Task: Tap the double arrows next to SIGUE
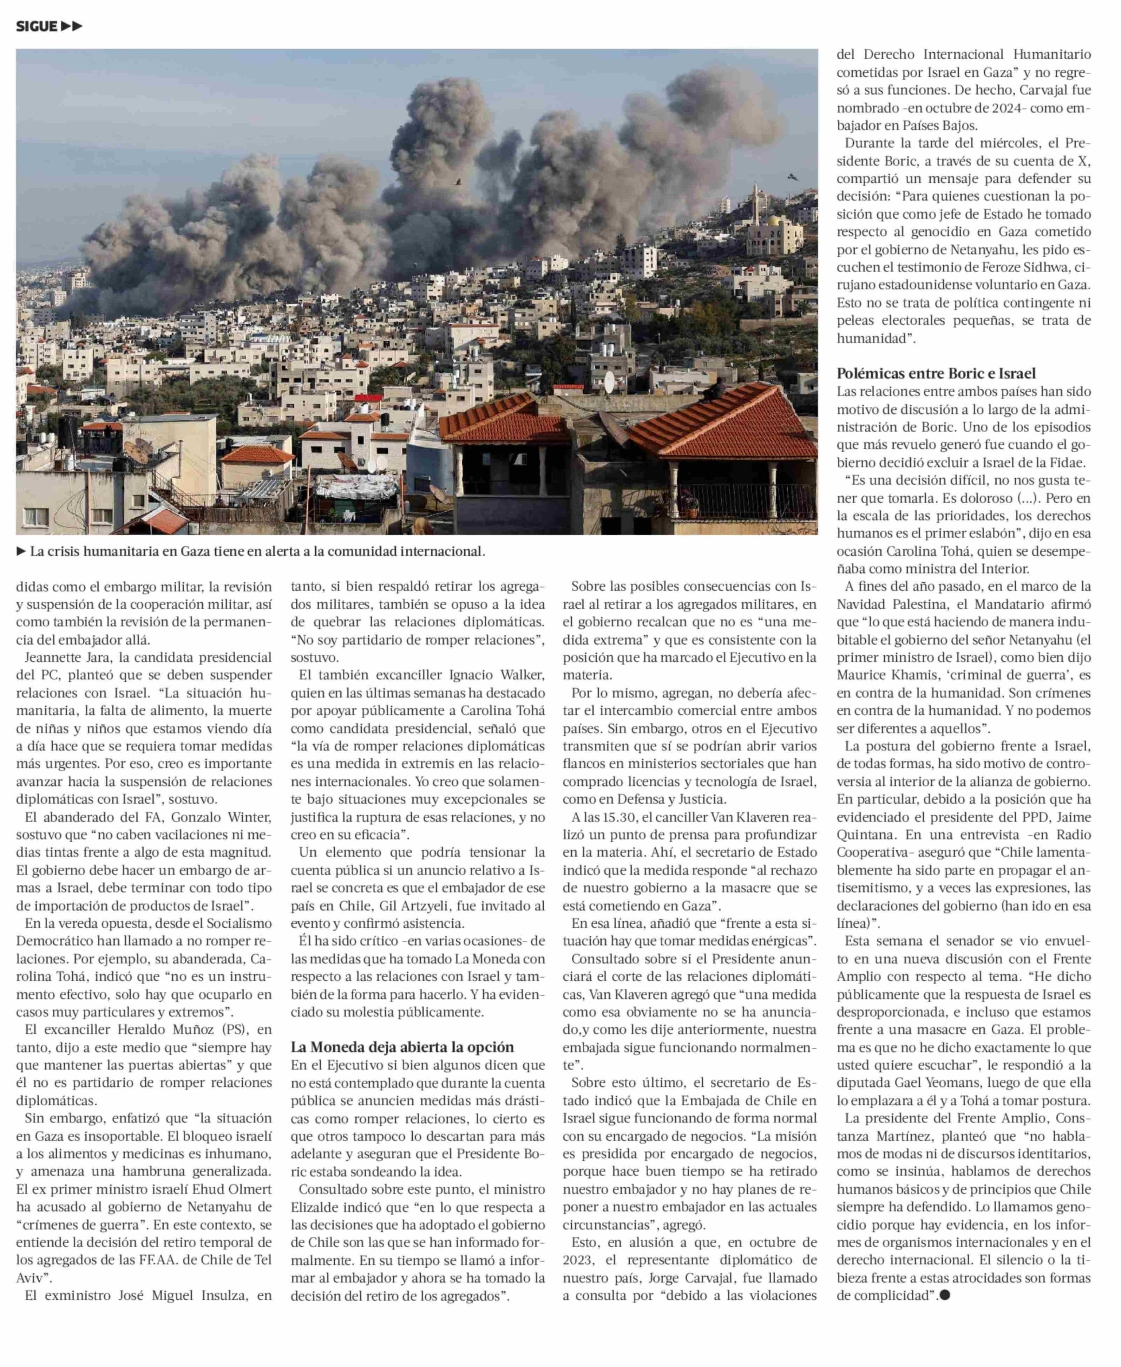72,26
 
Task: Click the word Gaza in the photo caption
198,552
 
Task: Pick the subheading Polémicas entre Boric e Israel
936,373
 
